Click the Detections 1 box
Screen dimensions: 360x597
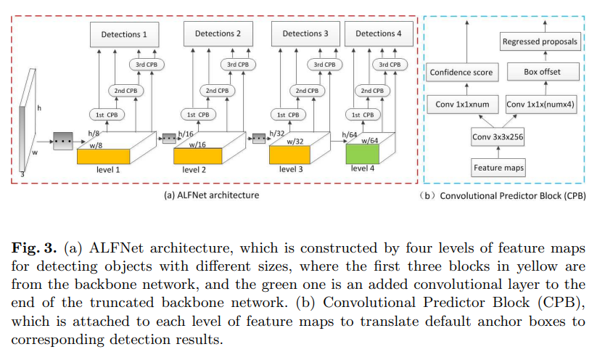point(124,33)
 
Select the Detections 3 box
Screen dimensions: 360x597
point(305,33)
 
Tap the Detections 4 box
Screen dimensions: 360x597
point(379,33)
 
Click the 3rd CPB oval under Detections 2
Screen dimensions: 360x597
point(237,65)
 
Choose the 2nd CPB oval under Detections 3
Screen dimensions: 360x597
point(305,91)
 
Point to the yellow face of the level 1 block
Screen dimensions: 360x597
point(103,155)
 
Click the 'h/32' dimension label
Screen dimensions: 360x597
point(277,134)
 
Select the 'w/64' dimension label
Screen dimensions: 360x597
point(370,140)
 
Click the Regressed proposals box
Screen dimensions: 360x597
point(540,42)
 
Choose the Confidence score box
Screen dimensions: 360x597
point(461,72)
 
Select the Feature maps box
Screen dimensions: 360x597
point(498,168)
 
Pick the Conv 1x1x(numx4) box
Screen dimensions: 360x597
point(540,105)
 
